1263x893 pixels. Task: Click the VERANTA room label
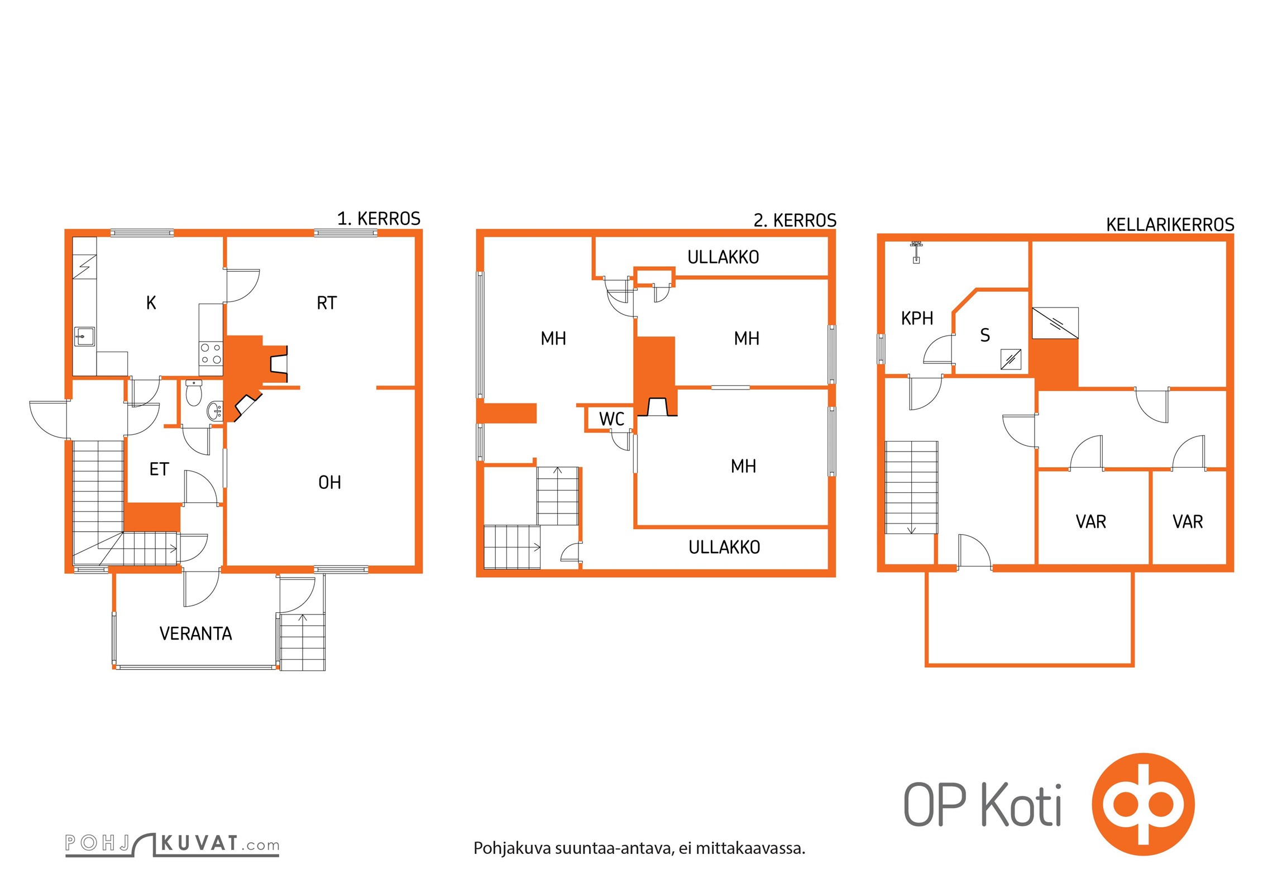(x=195, y=633)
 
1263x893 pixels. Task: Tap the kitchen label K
(x=151, y=303)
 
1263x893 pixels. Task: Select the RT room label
(x=327, y=303)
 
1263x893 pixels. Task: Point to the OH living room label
(x=329, y=482)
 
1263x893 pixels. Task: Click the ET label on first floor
(x=159, y=469)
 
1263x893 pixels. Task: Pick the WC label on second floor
(x=611, y=419)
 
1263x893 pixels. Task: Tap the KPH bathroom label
(x=917, y=318)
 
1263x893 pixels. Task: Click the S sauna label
(x=985, y=335)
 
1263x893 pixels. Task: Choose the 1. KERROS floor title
(x=379, y=218)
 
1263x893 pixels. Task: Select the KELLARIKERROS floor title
(x=1170, y=224)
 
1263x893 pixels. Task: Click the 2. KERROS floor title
(x=795, y=220)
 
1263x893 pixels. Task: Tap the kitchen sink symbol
(x=84, y=337)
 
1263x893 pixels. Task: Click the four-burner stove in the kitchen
(x=211, y=353)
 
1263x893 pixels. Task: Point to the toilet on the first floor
(x=194, y=392)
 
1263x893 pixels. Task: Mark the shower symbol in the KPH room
(x=916, y=252)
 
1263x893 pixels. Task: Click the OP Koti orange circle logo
(x=1143, y=804)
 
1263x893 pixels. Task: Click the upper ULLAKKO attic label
(x=723, y=257)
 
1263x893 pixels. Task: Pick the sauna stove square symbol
(x=1011, y=359)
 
